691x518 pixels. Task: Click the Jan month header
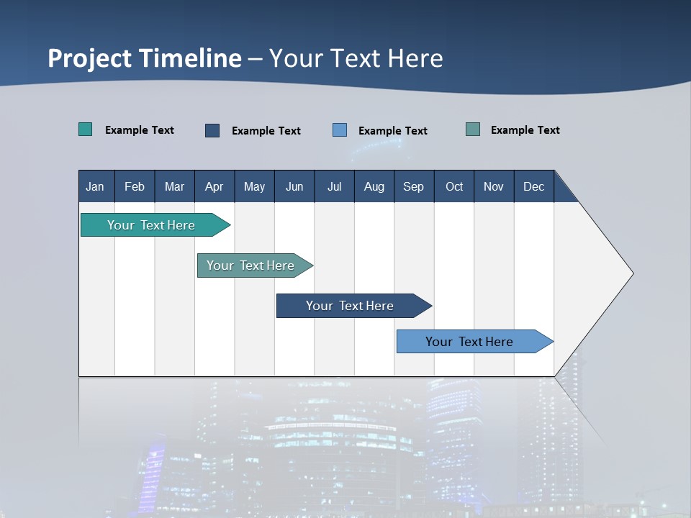[x=96, y=186]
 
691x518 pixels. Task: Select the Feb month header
[x=135, y=186]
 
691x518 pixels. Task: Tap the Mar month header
[x=174, y=186]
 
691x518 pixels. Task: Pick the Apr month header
[x=214, y=186]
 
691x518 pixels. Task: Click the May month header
[x=254, y=186]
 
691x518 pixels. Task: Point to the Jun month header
[x=294, y=186]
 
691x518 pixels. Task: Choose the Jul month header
[x=334, y=186]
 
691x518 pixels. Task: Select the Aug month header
[x=374, y=186]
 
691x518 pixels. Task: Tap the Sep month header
[x=414, y=186]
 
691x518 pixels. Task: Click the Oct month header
[x=454, y=186]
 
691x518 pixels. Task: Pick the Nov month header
[x=494, y=186]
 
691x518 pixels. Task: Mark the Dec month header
[x=534, y=186]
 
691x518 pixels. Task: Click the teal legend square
[x=86, y=129]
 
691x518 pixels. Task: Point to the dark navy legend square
[x=212, y=130]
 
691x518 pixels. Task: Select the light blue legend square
[x=340, y=130]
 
